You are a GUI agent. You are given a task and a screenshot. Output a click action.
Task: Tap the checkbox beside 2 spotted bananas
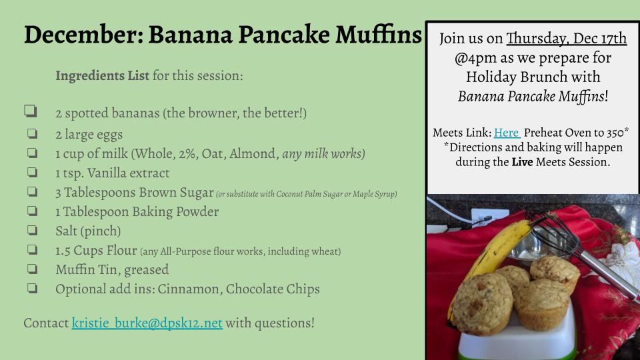pos(31,111)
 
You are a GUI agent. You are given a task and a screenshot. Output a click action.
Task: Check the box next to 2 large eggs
pos(32,133)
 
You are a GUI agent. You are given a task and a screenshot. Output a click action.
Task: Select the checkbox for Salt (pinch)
pos(32,230)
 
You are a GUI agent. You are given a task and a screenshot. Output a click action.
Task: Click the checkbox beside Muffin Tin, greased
pos(32,269)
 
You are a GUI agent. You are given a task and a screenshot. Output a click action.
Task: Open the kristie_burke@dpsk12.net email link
pos(147,323)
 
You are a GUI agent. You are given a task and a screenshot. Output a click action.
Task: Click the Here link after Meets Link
pos(507,133)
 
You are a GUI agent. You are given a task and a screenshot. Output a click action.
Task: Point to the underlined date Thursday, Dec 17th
pos(567,39)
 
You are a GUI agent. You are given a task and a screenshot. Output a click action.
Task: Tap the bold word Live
pos(523,162)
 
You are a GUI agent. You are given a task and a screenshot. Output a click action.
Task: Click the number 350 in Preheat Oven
pos(615,133)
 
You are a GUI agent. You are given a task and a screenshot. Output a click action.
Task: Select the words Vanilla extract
pos(128,173)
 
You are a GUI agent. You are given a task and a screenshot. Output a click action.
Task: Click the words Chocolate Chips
pos(273,289)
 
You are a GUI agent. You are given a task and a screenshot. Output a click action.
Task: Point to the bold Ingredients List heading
pos(103,76)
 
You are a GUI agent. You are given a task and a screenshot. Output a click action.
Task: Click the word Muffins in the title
pos(379,34)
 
